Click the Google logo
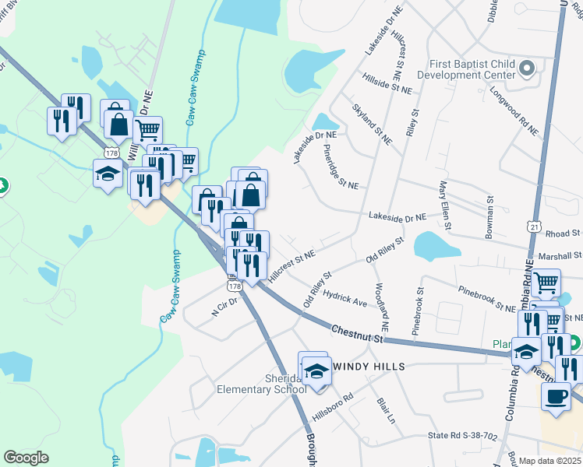pyautogui.click(x=26, y=457)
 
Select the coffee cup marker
pyautogui.click(x=556, y=395)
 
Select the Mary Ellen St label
pyautogui.click(x=445, y=205)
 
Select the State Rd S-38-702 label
pyautogui.click(x=461, y=437)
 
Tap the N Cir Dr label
pyautogui.click(x=224, y=306)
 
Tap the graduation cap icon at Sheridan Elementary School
pyautogui.click(x=317, y=371)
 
